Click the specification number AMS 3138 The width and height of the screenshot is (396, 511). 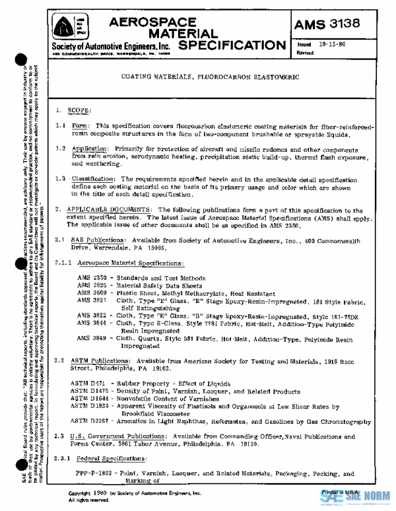tap(336, 25)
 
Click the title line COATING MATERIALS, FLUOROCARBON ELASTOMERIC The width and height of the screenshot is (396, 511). tap(210, 77)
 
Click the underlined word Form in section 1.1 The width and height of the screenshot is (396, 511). tap(80, 125)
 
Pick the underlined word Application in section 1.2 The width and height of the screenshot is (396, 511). tap(90, 150)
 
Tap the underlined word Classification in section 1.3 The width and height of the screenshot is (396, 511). tap(92, 179)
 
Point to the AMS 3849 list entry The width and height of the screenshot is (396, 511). tap(90, 338)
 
